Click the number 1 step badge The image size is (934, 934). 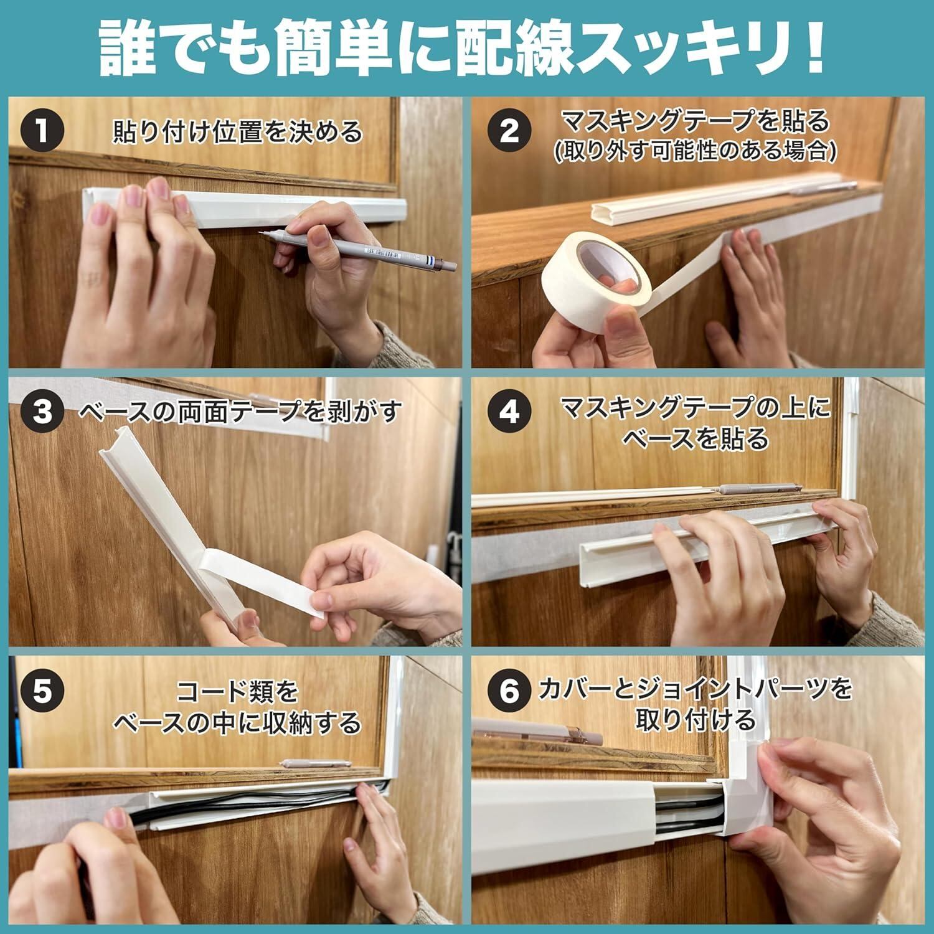pyautogui.click(x=43, y=131)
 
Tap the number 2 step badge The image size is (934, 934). pyautogui.click(x=509, y=131)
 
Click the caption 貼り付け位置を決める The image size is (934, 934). pyautogui.click(x=237, y=131)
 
